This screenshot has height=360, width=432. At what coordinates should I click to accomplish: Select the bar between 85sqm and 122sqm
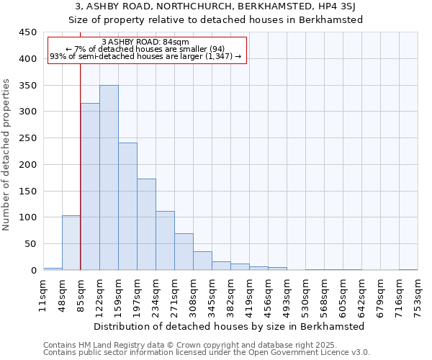click(90, 186)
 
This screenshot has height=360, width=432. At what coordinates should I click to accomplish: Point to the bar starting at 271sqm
click(184, 252)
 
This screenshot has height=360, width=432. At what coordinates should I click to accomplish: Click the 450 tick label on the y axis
click(28, 32)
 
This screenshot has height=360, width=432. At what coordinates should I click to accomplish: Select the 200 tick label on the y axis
click(28, 164)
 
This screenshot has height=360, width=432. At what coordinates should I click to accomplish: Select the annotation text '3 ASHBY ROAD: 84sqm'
click(146, 42)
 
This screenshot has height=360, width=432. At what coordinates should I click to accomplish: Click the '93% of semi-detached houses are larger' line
click(146, 57)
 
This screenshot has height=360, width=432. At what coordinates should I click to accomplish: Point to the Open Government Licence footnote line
click(207, 353)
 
